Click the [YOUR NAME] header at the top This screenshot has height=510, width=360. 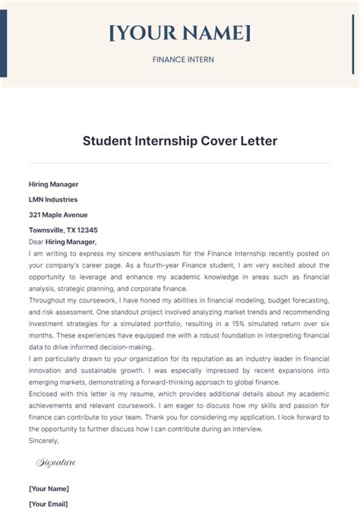coord(179,33)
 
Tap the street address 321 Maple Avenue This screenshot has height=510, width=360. coord(58,214)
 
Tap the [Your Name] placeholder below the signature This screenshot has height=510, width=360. coord(49,488)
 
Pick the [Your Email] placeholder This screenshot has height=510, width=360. coord(49,503)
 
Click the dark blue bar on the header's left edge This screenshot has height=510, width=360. coord(3,38)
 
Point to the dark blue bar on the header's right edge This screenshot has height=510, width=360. coord(356,38)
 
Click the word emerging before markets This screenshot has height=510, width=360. coord(50,382)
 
